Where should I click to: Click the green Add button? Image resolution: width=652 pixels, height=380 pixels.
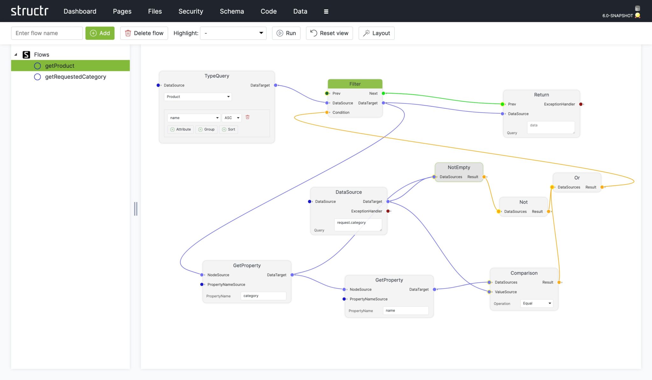point(100,33)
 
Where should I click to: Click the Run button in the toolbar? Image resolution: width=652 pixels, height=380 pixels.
point(286,33)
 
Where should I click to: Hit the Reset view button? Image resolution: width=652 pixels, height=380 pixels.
point(329,33)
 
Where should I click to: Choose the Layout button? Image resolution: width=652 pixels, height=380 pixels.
point(376,33)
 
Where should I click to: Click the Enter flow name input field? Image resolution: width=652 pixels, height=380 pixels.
point(47,33)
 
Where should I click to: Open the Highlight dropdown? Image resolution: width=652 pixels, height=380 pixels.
point(233,33)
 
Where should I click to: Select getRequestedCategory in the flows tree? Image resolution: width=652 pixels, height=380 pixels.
point(75,77)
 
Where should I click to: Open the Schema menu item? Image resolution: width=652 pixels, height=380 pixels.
point(232,11)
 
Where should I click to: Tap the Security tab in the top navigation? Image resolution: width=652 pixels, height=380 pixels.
point(191,11)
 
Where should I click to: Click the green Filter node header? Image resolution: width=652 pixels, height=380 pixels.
point(355,84)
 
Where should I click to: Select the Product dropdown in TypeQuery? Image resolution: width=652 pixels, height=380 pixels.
point(198,97)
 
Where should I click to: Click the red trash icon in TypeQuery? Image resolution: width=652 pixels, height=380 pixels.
point(247,117)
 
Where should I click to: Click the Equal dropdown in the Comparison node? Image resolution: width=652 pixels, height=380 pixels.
point(536,303)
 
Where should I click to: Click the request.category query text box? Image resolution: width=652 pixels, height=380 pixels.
point(358,225)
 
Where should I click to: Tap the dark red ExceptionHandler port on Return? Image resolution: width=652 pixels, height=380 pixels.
point(581,104)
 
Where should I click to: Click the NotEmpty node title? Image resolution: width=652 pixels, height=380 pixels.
point(458,167)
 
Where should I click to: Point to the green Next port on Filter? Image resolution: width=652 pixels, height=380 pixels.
point(383,93)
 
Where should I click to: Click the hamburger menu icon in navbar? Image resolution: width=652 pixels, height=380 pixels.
point(326,11)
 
